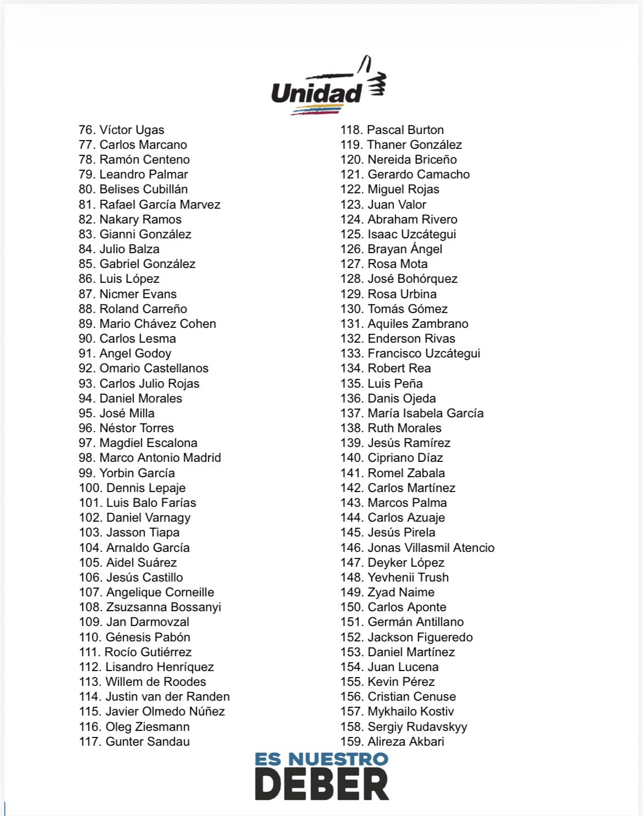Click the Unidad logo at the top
pos(328,87)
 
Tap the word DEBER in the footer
pos(321,784)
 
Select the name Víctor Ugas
pos(132,130)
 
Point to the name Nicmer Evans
pos(138,294)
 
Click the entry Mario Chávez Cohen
pos(158,324)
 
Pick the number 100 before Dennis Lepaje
pos(90,488)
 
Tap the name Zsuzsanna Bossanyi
pos(163,607)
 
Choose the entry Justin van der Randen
pos(168,697)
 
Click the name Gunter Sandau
pos(147,742)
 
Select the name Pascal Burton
pos(405,130)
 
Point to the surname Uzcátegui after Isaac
pos(428,234)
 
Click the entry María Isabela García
pos(425,413)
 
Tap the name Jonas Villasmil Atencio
pos(431,548)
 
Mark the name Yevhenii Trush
pos(408,578)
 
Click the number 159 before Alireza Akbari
pos(351,742)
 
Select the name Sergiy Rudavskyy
pos(417,727)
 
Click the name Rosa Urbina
pos(402,294)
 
